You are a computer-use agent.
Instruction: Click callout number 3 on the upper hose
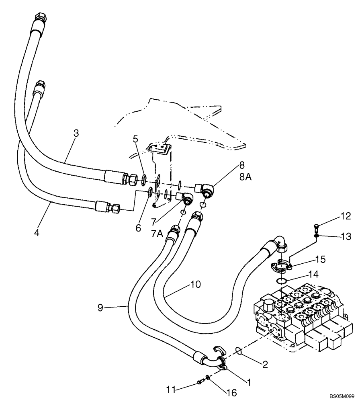coord(76,133)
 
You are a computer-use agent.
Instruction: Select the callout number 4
coord(37,232)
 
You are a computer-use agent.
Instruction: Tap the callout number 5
coord(136,139)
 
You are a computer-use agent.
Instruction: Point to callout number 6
coord(139,228)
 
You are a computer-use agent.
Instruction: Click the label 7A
coord(157,233)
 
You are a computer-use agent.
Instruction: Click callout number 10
coord(195,285)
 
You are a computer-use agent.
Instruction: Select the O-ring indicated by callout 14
coord(282,281)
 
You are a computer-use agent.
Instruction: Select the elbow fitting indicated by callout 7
coord(186,198)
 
